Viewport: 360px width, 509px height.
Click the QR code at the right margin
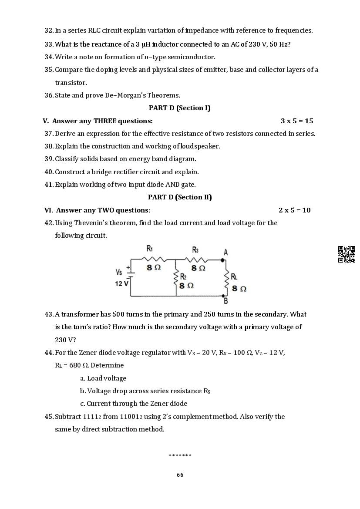pos(347,254)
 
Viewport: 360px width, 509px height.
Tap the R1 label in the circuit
pos(149,249)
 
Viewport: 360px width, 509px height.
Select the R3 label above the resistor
pos(195,249)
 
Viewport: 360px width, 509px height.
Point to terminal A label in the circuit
pos(225,252)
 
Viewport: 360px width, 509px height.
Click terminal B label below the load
pos(225,301)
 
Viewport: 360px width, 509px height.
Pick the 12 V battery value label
pos(121,283)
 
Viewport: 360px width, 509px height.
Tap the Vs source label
pos(119,272)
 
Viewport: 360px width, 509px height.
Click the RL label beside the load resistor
pos(234,276)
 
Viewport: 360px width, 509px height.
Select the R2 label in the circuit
pos(183,276)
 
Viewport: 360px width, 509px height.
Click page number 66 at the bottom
pos(180,475)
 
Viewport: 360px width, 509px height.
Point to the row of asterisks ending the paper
pos(180,456)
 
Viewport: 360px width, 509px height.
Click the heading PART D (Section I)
pos(179,108)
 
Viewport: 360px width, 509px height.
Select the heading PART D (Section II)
pos(180,197)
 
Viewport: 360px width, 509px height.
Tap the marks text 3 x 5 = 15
pos(297,121)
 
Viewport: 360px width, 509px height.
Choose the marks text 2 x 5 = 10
pos(295,210)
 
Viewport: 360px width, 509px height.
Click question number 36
pos(49,95)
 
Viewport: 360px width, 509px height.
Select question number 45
pos(49,417)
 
